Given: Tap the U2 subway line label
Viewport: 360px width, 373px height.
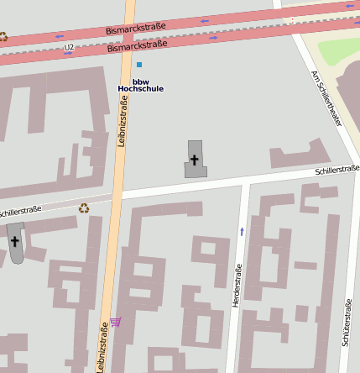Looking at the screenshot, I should tap(69, 48).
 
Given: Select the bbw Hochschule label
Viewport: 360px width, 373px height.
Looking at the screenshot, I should tap(140, 85).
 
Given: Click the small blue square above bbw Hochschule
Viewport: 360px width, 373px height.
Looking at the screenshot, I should tap(139, 64).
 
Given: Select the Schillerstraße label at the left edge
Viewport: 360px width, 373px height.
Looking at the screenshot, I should tap(18, 212).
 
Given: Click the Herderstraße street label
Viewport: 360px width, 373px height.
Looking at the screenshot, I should tap(237, 285).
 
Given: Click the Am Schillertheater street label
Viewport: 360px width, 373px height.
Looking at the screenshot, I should tap(326, 98).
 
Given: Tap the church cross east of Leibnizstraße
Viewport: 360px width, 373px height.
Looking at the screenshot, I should tap(195, 160).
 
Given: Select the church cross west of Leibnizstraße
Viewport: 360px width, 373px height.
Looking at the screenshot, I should tap(15, 242).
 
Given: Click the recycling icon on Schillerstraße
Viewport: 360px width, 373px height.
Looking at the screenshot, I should tap(84, 208).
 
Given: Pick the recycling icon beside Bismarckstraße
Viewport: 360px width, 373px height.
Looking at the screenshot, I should tap(3, 36).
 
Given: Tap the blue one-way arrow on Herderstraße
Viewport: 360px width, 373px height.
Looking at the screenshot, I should tap(243, 230).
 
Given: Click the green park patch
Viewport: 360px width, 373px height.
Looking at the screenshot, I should tap(339, 50).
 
